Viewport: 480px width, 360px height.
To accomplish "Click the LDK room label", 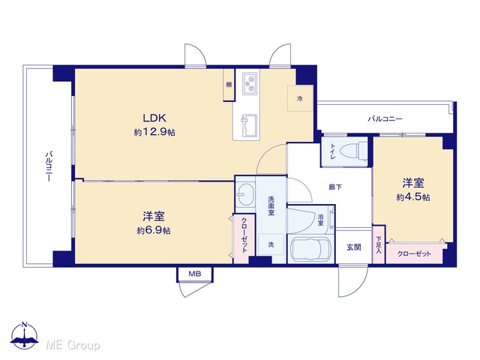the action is click(x=154, y=118).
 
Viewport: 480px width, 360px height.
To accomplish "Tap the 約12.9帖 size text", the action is click(x=154, y=132).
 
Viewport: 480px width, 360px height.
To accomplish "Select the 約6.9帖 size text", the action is click(x=154, y=230).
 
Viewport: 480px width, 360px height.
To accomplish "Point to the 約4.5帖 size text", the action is click(x=413, y=197).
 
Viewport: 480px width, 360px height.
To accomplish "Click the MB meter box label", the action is click(x=195, y=274).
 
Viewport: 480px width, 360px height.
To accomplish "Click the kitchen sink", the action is click(x=250, y=125).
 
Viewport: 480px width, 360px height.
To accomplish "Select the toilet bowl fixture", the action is click(x=354, y=151).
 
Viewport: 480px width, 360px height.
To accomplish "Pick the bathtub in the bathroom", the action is click(x=310, y=249).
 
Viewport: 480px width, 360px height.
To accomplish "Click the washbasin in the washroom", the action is click(x=245, y=194).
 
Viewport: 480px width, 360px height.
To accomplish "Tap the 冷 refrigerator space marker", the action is click(x=300, y=98).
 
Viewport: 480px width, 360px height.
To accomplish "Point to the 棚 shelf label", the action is click(x=229, y=85).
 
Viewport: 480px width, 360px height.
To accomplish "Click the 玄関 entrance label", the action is click(x=353, y=247).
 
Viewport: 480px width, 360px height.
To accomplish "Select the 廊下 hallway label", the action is click(x=335, y=187).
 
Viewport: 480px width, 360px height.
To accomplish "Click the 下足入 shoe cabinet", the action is click(x=379, y=244).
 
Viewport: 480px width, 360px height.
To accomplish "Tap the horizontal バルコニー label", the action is click(x=385, y=118).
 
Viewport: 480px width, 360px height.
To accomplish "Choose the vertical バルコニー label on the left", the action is click(x=48, y=166).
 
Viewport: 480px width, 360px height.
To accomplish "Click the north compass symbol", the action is click(x=25, y=336).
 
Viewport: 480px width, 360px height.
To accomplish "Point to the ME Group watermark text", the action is click(x=73, y=345).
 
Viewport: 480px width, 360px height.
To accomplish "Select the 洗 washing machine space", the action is click(x=271, y=244).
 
